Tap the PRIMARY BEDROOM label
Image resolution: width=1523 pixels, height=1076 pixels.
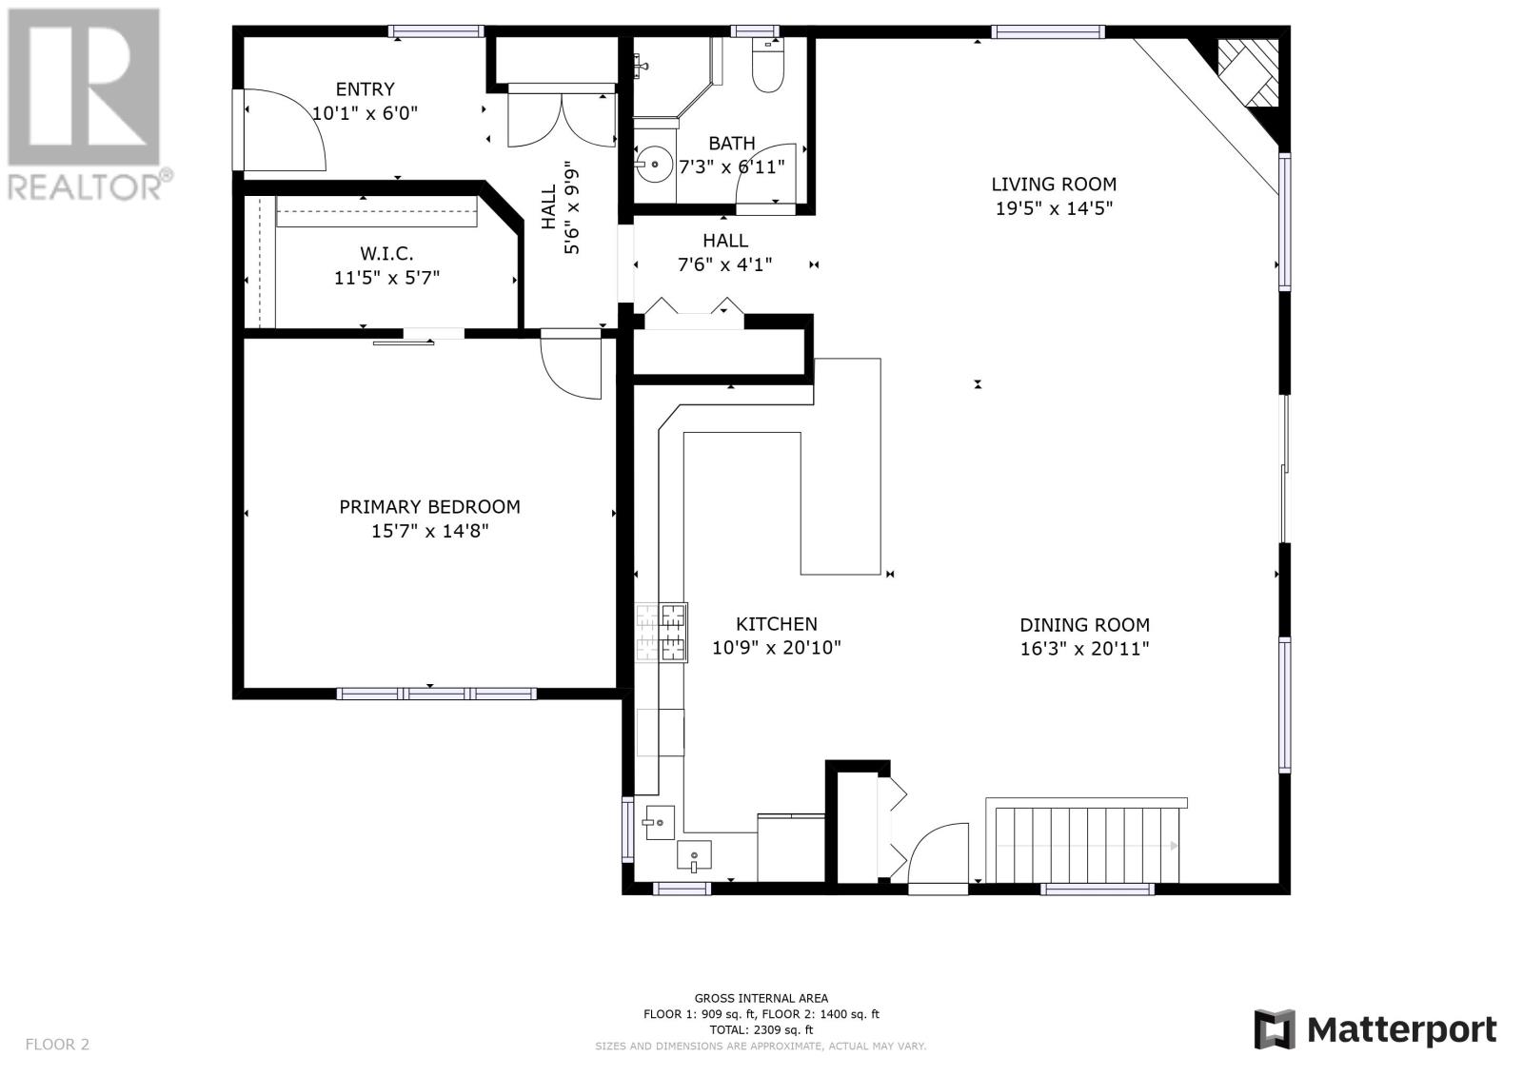429,507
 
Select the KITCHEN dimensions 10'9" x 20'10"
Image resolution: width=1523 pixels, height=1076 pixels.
777,648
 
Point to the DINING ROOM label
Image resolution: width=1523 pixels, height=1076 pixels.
1084,625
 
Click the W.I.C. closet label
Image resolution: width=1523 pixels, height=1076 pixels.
386,254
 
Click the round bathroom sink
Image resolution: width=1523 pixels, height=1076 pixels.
654,165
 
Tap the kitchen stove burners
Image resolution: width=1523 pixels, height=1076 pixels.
662,633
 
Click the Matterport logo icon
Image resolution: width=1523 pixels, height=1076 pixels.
1275,1029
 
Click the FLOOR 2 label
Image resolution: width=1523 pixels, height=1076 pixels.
57,1045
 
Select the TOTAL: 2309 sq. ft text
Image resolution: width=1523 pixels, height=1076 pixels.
761,1029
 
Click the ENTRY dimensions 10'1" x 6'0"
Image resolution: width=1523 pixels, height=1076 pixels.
365,113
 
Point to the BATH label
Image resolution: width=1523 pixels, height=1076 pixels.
732,144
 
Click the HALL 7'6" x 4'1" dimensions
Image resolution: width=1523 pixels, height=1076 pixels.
724,264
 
